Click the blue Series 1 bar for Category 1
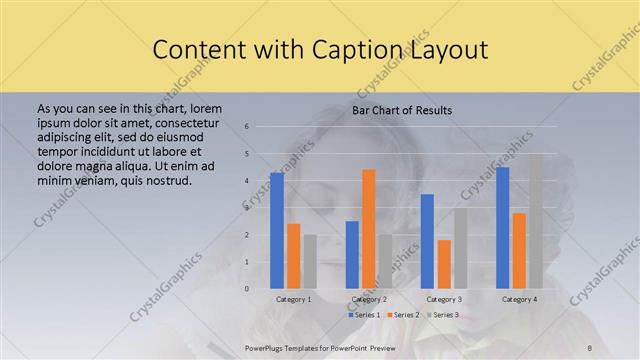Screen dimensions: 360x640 277,231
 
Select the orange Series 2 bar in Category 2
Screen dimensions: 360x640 368,229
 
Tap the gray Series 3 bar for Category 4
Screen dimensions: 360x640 535,221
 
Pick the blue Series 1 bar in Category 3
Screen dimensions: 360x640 427,241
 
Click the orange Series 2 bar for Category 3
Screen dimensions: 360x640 443,264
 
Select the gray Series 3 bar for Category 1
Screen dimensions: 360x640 310,262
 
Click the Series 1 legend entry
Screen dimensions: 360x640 363,315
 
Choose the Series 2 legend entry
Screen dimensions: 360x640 403,315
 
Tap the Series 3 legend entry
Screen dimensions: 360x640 443,315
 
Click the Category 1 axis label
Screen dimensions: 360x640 293,299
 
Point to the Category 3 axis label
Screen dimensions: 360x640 444,299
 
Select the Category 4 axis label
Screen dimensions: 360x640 519,299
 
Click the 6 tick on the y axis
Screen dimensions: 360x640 246,127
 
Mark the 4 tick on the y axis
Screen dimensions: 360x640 246,181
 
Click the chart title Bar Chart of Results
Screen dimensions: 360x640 402,109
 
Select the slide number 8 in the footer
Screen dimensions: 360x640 589,345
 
